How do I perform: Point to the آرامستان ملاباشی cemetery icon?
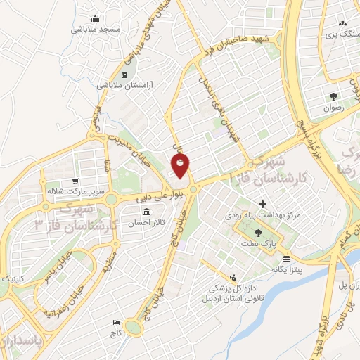click(124, 74)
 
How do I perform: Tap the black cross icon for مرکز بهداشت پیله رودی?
click(262, 204)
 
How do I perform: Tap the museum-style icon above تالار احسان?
click(146, 212)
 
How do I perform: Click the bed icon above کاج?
click(115, 322)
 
